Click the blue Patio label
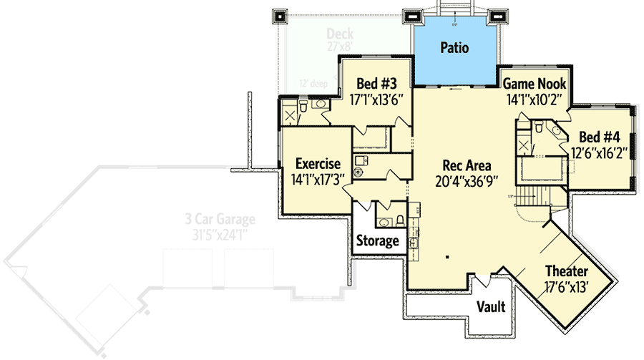(x=454, y=49)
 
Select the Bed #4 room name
(x=598, y=137)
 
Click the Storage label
(x=377, y=241)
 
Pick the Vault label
(x=491, y=307)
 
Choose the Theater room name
(x=566, y=271)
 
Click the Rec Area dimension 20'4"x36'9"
(x=467, y=182)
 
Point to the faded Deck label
(x=341, y=34)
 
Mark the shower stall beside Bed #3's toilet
(x=290, y=116)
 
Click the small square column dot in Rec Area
(x=447, y=256)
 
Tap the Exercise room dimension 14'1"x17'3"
(x=318, y=180)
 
